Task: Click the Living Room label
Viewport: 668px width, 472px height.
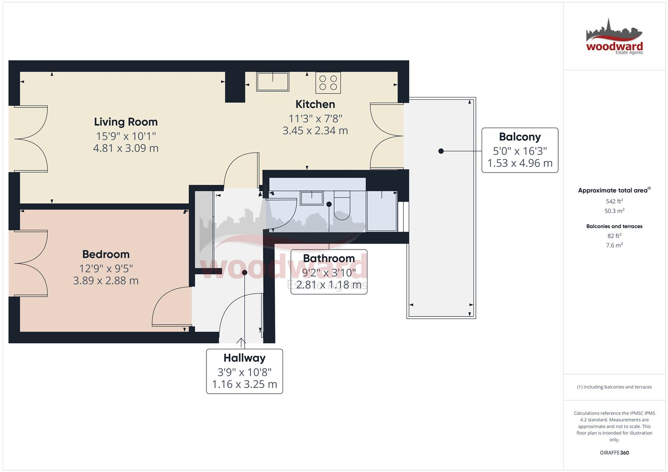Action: click(x=126, y=122)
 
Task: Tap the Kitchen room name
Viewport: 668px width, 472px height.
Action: click(x=315, y=104)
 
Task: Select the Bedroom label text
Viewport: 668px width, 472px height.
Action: click(x=106, y=254)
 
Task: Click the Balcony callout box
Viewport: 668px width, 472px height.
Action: click(x=520, y=150)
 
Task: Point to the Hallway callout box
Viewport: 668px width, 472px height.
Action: click(x=245, y=371)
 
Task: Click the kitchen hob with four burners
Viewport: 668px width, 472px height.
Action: click(x=328, y=83)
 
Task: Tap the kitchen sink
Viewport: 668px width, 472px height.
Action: click(x=273, y=82)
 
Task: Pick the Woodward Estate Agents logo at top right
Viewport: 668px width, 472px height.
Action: click(x=614, y=37)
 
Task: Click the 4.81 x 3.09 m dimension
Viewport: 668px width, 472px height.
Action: click(x=126, y=148)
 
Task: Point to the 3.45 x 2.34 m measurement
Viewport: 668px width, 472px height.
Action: click(x=315, y=131)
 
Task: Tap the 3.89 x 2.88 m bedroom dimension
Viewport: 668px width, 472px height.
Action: click(x=106, y=281)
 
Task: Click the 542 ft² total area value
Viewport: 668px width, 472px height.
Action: click(x=614, y=201)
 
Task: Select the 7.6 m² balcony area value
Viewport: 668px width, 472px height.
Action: click(x=614, y=245)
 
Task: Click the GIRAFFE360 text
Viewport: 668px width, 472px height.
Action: click(x=614, y=453)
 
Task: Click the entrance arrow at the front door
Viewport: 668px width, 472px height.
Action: click(x=241, y=342)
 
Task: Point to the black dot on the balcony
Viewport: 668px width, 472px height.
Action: click(x=441, y=151)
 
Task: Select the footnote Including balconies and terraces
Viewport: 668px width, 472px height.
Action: click(x=614, y=387)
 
